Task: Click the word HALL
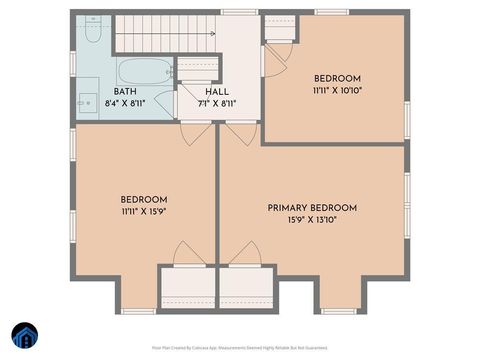tap(217, 91)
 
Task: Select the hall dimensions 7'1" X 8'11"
tap(217, 102)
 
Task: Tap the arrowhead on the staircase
tap(211, 33)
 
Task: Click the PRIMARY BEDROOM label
tap(312, 208)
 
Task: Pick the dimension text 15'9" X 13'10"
tap(312, 220)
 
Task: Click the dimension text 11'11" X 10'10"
tap(337, 90)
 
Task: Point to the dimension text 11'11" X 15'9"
tap(144, 211)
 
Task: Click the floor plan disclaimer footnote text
tap(240, 347)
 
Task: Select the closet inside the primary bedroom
tap(246, 288)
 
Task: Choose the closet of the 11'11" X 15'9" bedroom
tap(188, 288)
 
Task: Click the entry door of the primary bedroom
tap(240, 133)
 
